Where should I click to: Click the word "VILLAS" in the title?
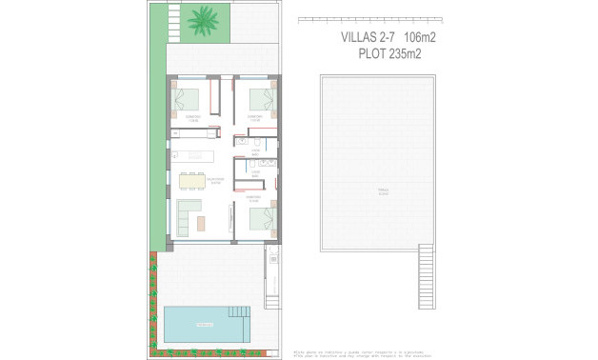click(361, 37)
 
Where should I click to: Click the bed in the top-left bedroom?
click(189, 97)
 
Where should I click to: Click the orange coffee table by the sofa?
click(202, 222)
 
